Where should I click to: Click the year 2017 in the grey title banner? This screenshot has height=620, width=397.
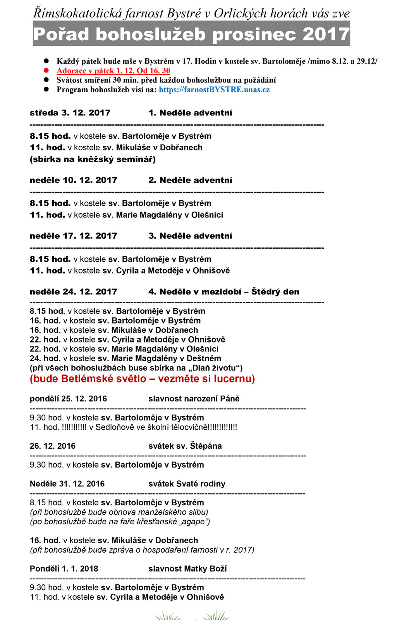(x=326, y=34)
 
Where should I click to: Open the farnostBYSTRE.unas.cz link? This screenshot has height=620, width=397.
(x=214, y=90)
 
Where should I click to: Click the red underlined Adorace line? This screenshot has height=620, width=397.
(x=113, y=71)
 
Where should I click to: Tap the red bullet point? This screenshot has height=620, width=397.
(x=46, y=71)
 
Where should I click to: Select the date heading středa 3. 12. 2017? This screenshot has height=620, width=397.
(x=70, y=113)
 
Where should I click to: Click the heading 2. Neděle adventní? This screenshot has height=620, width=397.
(x=190, y=180)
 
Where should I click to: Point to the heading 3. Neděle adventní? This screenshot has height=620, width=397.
(x=190, y=236)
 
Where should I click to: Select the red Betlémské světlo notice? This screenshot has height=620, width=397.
(x=142, y=379)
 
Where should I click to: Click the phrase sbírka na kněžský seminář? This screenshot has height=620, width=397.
(x=93, y=159)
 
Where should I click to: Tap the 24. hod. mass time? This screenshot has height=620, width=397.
(x=45, y=358)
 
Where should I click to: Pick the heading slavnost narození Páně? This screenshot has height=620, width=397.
(x=194, y=399)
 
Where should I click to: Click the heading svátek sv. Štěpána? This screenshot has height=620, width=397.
(x=185, y=446)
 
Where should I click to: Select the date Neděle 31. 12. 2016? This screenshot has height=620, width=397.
(x=67, y=484)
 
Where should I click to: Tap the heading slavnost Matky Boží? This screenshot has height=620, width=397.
(x=187, y=568)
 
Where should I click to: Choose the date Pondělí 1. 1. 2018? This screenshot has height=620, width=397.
(x=64, y=568)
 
